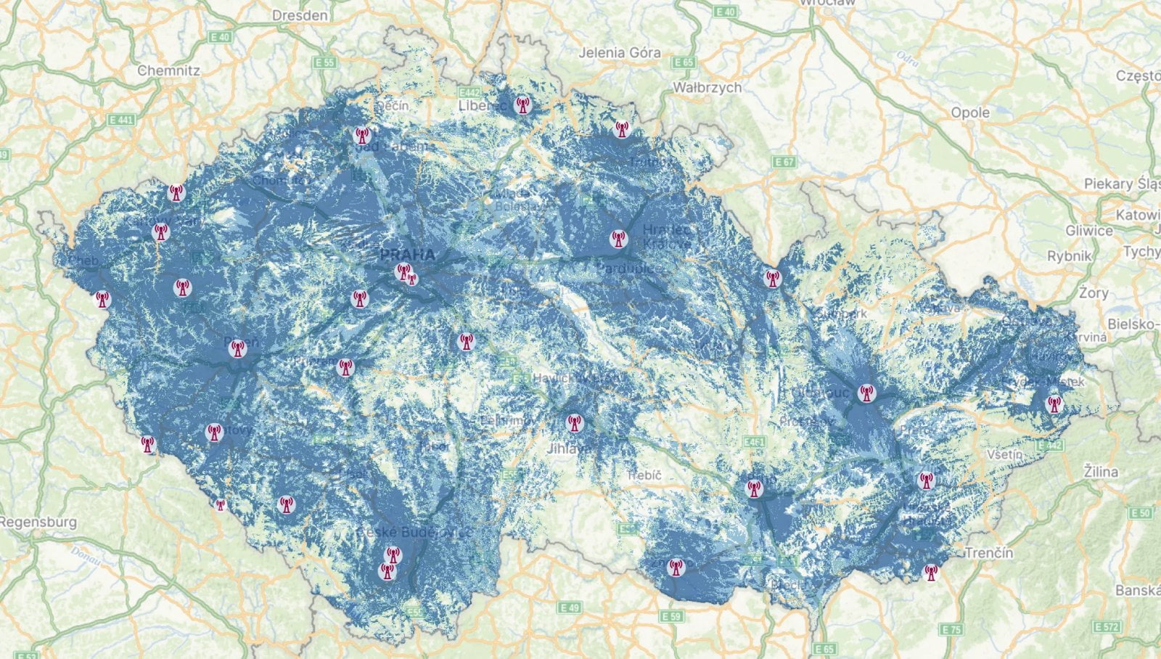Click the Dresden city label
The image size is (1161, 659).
[x=300, y=15]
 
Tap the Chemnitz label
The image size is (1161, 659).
[x=168, y=70]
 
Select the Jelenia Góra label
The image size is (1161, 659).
[x=620, y=52]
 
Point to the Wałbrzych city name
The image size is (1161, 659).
[x=707, y=87]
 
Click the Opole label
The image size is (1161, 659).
[x=970, y=112]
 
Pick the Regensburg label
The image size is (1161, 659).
[x=38, y=522]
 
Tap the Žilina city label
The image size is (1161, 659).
[x=1101, y=472]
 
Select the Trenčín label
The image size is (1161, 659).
[x=989, y=553]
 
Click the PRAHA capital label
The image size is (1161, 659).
[x=408, y=255]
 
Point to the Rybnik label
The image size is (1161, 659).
[x=1070, y=256]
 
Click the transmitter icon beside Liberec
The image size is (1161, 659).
[x=522, y=105]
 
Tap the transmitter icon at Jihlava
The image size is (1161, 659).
[x=574, y=422]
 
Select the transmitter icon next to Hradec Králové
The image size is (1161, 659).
[x=618, y=238]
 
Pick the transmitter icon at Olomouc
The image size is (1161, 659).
[x=865, y=393]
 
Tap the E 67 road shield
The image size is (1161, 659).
[x=784, y=162]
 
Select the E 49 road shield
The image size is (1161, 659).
[x=571, y=607]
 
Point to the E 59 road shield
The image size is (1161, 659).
[x=672, y=616]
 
